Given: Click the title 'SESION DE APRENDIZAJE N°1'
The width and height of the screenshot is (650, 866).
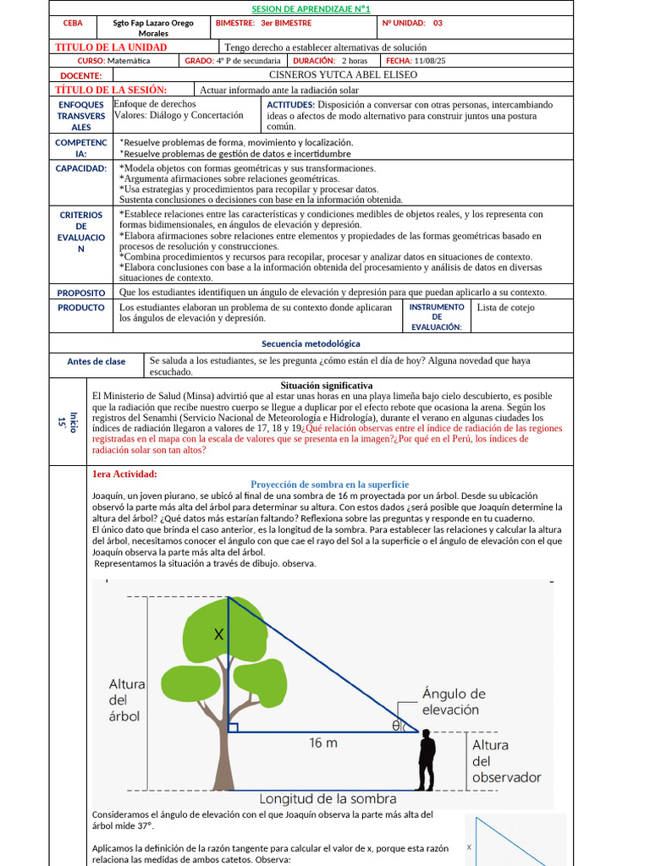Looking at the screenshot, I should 311,8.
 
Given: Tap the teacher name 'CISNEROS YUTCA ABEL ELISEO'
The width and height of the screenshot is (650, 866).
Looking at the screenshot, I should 343,75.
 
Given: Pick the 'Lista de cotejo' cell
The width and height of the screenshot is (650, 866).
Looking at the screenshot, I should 505,308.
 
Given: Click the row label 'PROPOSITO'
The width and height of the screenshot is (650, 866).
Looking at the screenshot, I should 81,293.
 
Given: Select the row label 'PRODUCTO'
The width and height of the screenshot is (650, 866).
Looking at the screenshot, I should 81,308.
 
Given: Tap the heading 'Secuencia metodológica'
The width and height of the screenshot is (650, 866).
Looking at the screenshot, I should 311,344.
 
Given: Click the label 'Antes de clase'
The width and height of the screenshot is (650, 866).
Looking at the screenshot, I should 96,362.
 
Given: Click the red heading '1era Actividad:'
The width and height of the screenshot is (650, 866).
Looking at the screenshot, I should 124,474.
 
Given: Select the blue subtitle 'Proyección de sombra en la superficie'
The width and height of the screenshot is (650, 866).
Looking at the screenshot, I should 329,485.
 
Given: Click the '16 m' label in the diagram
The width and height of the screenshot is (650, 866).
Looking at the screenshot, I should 322,743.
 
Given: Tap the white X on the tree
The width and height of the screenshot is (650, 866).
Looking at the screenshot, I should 219,634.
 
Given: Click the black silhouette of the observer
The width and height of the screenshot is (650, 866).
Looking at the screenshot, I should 427,759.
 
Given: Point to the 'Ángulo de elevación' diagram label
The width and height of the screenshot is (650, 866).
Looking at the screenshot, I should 454,702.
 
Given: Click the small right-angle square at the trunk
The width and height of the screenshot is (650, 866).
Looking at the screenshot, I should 233,727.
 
